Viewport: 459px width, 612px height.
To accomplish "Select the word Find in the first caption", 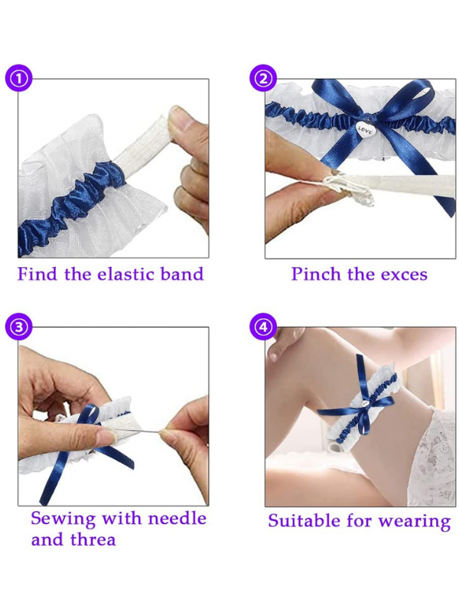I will click(37, 274).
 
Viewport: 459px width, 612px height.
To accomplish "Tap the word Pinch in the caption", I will click(314, 274).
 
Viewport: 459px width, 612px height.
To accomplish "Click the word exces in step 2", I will click(401, 274).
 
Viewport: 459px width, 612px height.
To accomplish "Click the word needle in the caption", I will click(177, 518).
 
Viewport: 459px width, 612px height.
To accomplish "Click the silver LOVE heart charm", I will click(366, 131).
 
